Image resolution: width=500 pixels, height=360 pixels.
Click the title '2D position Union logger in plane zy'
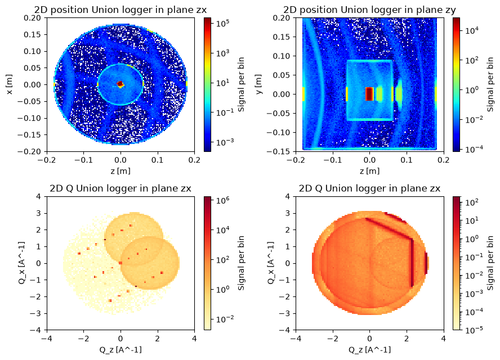point(369,10)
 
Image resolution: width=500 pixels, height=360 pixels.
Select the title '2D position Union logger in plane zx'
point(120,10)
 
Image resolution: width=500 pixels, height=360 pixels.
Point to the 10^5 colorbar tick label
point(223,23)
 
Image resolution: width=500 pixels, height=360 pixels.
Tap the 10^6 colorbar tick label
point(223,201)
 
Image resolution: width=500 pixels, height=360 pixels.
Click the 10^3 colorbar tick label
point(223,53)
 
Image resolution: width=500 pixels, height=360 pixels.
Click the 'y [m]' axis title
point(258,84)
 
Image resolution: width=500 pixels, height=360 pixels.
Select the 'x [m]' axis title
point(10,84)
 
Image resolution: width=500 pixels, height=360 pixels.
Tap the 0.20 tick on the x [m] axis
point(33,18)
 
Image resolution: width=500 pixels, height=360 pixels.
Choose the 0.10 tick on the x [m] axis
point(33,51)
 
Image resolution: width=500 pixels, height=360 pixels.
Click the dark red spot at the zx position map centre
point(120,84)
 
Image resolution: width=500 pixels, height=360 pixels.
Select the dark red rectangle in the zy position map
point(369,94)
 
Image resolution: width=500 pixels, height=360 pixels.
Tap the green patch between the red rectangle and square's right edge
point(380,94)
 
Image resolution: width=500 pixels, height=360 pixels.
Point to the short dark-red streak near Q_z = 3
point(426,263)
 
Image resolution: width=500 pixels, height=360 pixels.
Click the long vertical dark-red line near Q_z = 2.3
point(412,263)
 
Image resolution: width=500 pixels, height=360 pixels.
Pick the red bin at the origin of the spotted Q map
point(120,263)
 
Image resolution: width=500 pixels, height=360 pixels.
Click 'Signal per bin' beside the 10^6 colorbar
point(241,263)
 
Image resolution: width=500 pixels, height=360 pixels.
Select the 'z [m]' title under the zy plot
point(369,171)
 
